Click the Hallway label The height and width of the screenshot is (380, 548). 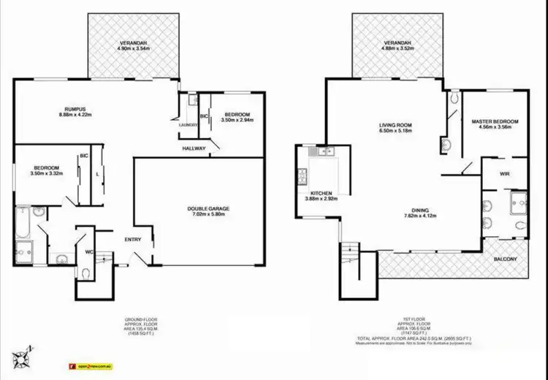(195, 149)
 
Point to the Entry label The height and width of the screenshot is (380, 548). (132, 240)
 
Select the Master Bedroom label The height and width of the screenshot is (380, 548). (495, 121)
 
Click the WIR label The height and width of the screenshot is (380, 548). (504, 174)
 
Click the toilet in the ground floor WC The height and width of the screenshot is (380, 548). (87, 273)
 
